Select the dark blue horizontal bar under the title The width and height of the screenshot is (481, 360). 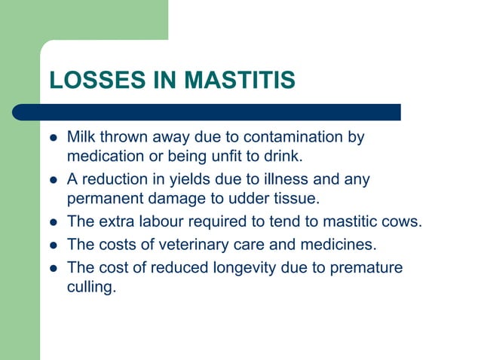pyautogui.click(x=207, y=113)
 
